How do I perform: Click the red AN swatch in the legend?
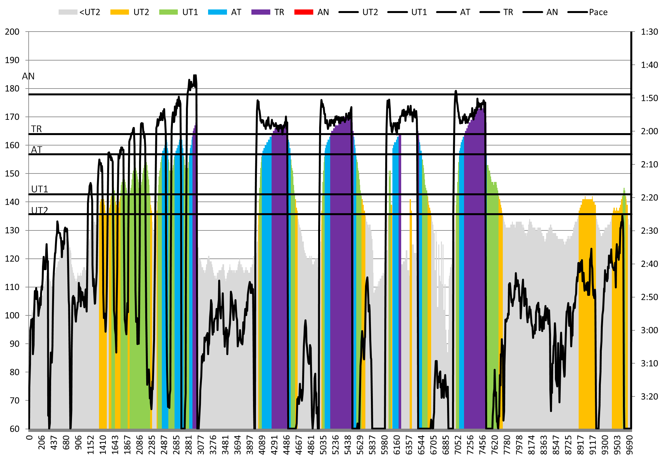point(303,12)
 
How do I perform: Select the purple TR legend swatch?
point(261,12)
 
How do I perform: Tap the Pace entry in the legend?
point(598,12)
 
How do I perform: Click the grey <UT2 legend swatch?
point(68,12)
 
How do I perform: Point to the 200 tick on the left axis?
point(12,32)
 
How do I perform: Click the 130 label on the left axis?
point(12,230)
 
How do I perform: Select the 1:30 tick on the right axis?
point(649,32)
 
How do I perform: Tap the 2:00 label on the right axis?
point(649,131)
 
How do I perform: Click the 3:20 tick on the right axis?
point(649,396)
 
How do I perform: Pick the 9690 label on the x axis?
point(630,443)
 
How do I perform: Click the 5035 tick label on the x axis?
point(323,443)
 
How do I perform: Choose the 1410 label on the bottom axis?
point(103,443)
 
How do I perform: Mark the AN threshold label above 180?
point(28,76)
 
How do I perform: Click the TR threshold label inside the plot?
point(36,129)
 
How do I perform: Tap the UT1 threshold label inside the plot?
point(40,189)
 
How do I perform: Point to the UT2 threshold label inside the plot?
point(40,210)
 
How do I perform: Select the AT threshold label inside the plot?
point(36,150)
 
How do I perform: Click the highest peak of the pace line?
point(195,76)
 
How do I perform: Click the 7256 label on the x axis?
point(470,443)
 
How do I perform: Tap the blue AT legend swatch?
point(217,12)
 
